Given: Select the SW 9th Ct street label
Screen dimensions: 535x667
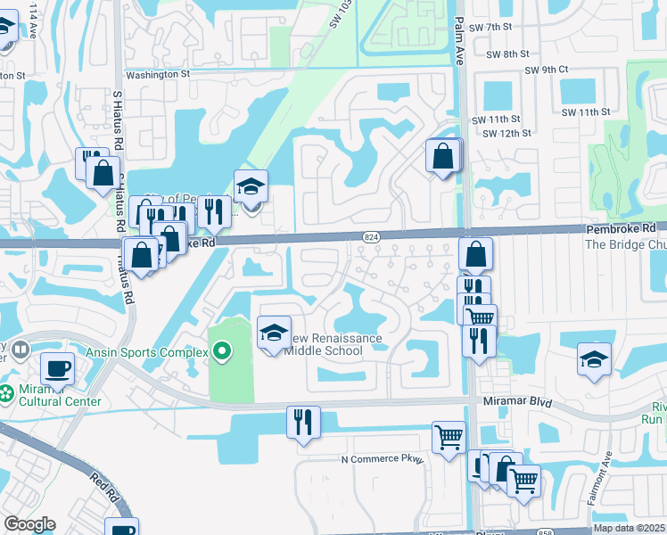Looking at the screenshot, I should (546, 70).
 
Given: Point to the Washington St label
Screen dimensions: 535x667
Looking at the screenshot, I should (158, 75).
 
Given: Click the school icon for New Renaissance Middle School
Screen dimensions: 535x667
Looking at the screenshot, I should (274, 333).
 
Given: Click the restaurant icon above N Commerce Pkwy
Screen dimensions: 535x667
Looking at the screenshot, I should (303, 421).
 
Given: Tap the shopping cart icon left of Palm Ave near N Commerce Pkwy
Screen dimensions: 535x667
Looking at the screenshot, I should (449, 437).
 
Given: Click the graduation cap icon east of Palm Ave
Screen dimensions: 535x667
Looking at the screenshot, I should (594, 359).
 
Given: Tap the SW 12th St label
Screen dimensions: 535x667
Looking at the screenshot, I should (506, 133).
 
